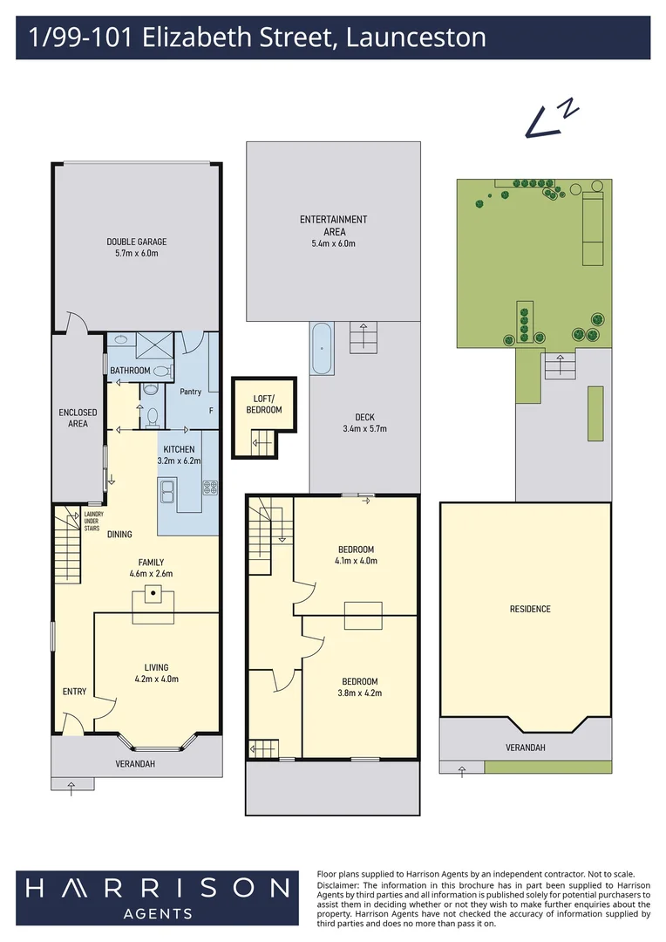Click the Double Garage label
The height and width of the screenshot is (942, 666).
pyautogui.click(x=137, y=242)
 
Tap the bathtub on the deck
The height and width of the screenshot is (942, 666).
pyautogui.click(x=322, y=348)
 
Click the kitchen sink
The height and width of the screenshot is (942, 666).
pyautogui.click(x=167, y=491)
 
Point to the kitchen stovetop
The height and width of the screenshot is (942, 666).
pyautogui.click(x=210, y=488)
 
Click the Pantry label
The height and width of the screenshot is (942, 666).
pyautogui.click(x=191, y=392)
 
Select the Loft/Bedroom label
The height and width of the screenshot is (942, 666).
pyautogui.click(x=263, y=404)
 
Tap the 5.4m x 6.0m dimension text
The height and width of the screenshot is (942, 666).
pyautogui.click(x=333, y=243)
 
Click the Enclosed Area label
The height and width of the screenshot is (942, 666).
pyautogui.click(x=78, y=418)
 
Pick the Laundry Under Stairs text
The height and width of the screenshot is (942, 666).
pyautogui.click(x=92, y=521)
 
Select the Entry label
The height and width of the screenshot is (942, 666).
pyautogui.click(x=74, y=692)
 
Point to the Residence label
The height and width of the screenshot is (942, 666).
pyautogui.click(x=530, y=609)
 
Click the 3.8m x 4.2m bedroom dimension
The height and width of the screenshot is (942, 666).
pyautogui.click(x=360, y=693)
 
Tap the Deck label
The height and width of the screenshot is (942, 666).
pyautogui.click(x=364, y=417)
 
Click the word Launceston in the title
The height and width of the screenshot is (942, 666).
pyautogui.click(x=416, y=38)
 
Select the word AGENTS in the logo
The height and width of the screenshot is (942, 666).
pyautogui.click(x=158, y=914)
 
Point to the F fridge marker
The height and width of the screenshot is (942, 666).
pyautogui.click(x=211, y=411)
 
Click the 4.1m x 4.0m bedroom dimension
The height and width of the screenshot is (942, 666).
pyautogui.click(x=357, y=561)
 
